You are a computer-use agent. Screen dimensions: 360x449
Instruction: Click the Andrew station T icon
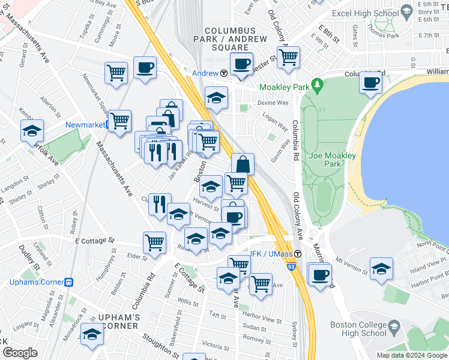click(x=223, y=73)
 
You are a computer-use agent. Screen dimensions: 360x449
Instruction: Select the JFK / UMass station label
click(x=267, y=253)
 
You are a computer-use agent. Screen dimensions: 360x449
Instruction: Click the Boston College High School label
click(x=358, y=329)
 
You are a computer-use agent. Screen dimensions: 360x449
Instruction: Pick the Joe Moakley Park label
click(x=332, y=160)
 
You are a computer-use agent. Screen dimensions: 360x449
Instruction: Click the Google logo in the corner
click(x=20, y=353)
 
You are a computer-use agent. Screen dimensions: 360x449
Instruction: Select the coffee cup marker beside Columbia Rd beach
click(x=371, y=82)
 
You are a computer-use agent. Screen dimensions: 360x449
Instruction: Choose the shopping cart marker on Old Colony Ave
click(x=289, y=57)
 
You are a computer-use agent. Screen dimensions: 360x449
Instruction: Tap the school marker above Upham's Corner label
click(x=92, y=334)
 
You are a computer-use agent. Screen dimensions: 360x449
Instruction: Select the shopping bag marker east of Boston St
click(x=243, y=164)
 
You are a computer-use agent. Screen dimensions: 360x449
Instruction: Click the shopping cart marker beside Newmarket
click(x=120, y=121)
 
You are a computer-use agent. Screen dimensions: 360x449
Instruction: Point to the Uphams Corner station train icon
click(x=69, y=281)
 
